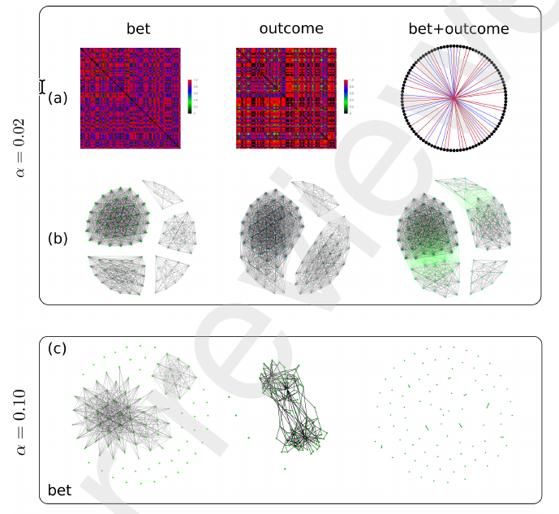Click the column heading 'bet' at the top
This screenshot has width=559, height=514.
(139, 29)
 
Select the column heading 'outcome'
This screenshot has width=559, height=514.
(291, 29)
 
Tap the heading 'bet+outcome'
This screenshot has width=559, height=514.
(458, 29)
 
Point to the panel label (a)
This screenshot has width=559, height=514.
(58, 98)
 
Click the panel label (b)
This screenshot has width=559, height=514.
(58, 239)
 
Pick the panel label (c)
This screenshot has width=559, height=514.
(58, 349)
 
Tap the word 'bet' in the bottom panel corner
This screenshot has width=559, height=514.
(58, 489)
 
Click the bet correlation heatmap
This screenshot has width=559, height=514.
(129, 97)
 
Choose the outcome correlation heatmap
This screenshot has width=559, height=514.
(285, 97)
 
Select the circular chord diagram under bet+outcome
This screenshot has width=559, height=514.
(455, 98)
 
